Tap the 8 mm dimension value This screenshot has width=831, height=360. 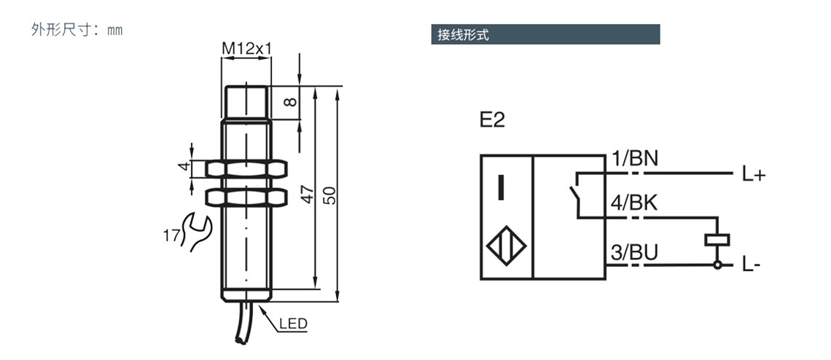click(x=290, y=102)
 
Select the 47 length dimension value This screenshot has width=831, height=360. click(x=307, y=194)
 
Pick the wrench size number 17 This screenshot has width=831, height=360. click(x=171, y=235)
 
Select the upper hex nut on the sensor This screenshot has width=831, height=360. click(x=246, y=169)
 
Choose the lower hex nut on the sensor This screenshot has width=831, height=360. click(x=246, y=197)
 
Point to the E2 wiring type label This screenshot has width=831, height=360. click(x=492, y=121)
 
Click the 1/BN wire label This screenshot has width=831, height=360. click(x=634, y=158)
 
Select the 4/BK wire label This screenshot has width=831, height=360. click(x=634, y=203)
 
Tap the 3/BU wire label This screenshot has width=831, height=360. click(x=634, y=253)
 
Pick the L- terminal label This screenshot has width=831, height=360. click(x=752, y=266)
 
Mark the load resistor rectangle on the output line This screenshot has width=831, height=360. click(x=717, y=240)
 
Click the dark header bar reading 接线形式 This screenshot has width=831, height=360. click(x=545, y=34)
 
